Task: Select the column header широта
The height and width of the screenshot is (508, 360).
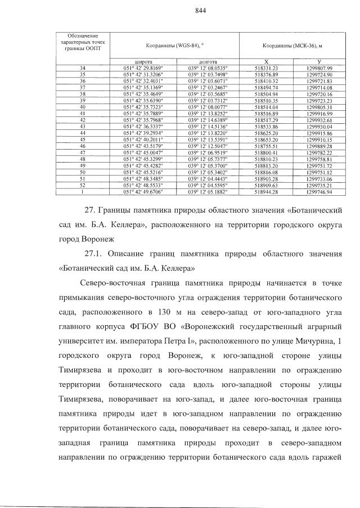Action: click(x=142, y=61)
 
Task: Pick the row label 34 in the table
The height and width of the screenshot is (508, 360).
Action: click(x=83, y=68)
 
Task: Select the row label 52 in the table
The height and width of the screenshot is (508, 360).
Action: click(x=83, y=185)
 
